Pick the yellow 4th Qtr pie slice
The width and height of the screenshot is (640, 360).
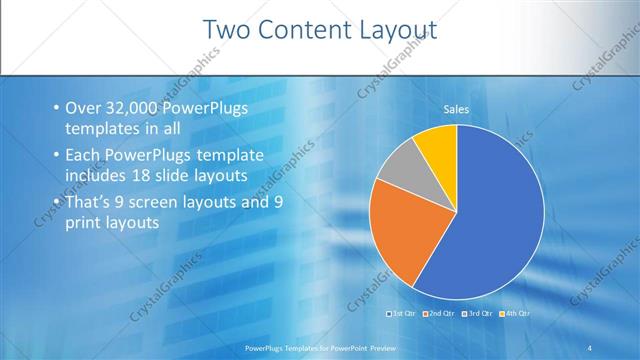pyautogui.click(x=438, y=145)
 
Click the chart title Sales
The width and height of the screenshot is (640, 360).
pyautogui.click(x=457, y=109)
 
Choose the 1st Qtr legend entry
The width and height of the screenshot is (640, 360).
pyautogui.click(x=402, y=314)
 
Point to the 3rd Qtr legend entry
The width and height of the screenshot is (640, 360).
pyautogui.click(x=477, y=314)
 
